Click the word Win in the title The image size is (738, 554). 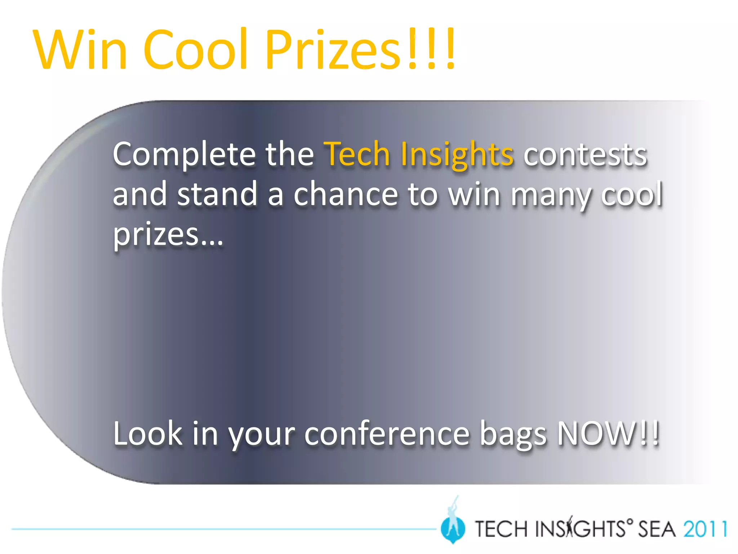point(80,49)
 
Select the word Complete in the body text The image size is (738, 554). point(184,155)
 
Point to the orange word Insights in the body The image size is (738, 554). point(457,155)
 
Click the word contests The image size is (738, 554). point(585,155)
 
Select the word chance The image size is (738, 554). point(346,195)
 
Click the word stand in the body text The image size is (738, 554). point(217,195)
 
